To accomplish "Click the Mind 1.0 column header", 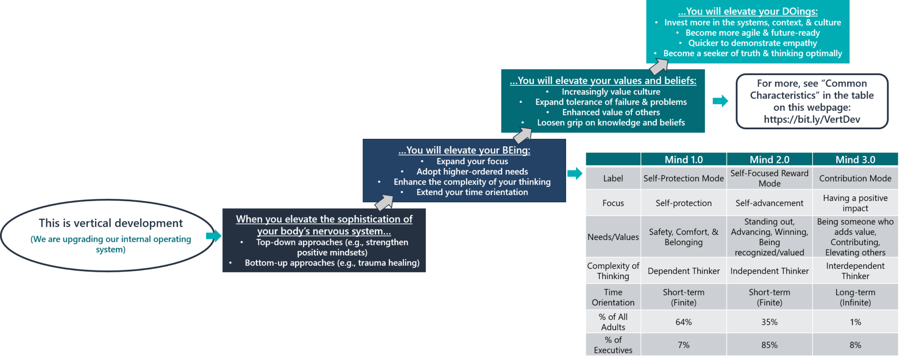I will point(683,160).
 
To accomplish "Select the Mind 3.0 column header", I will point(855,160).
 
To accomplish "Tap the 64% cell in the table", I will point(683,322).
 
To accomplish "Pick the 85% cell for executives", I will point(769,345).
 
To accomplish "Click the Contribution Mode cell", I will point(855,178).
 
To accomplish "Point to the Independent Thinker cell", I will point(769,271).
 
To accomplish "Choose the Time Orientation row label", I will point(613,297).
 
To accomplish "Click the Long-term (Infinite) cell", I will point(855,297).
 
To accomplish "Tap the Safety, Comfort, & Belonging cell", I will point(683,237).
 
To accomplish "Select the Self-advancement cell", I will point(769,203).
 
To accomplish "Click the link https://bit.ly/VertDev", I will point(812,120).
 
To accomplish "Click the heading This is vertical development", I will point(111,223).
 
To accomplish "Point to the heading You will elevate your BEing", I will point(464,150).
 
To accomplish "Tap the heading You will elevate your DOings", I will point(748,11).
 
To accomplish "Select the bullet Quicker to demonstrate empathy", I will point(752,43).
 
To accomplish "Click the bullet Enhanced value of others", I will point(611,113).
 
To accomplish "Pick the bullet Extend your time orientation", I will point(472,192).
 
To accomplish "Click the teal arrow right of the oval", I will point(214,236).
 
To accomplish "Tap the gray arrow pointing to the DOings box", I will point(659,66).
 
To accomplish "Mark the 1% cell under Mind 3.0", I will point(855,322).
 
